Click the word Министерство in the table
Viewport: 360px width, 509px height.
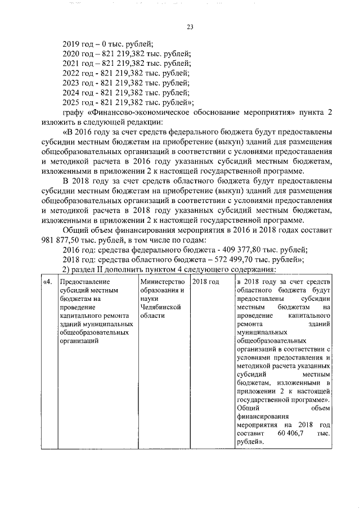tap(163, 281)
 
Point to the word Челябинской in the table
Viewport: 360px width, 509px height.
tap(163, 308)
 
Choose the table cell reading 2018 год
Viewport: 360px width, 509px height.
tap(205, 281)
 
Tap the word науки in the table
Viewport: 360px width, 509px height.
tap(150, 299)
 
